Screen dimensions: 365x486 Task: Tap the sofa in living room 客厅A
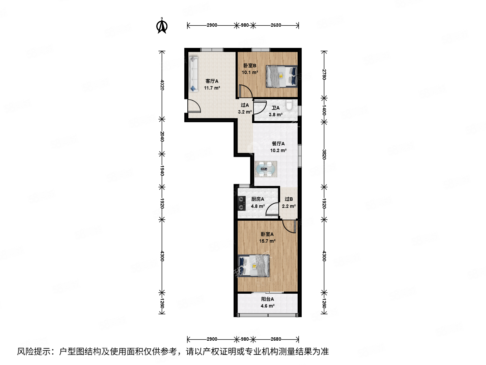193,74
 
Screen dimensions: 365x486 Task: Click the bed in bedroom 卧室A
254,266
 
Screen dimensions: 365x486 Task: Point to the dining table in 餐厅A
266,169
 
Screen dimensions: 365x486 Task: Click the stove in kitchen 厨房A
241,203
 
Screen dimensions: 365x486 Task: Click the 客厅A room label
212,81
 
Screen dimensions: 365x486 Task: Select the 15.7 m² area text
267,241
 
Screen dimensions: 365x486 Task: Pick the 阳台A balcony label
267,299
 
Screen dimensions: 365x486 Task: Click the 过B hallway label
289,199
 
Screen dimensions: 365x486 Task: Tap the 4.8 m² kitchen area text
258,206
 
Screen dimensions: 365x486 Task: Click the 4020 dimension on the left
162,84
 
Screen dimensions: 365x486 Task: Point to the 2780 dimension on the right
324,74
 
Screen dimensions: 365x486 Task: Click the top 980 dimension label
245,25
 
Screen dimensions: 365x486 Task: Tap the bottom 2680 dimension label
276,339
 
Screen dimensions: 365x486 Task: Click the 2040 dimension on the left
162,136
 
